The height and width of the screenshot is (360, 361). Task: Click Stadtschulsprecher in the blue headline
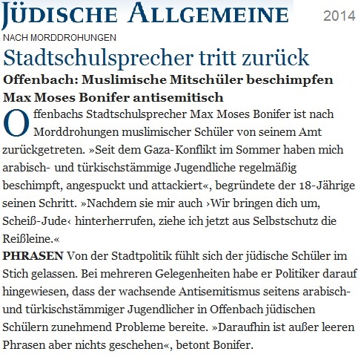click(x=88, y=57)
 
